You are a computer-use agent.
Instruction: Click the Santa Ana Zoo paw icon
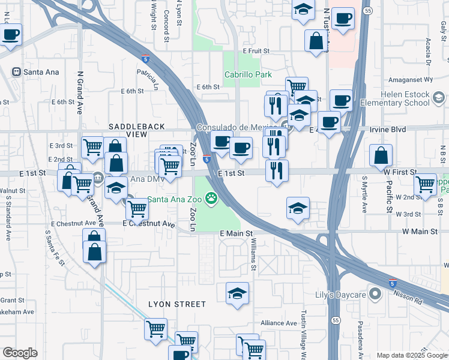[x=211, y=197]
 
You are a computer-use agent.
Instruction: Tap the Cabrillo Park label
[x=248, y=75]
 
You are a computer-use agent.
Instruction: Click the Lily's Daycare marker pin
[x=376, y=294]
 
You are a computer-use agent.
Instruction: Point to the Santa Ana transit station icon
[x=16, y=72]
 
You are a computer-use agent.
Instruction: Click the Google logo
[x=20, y=352]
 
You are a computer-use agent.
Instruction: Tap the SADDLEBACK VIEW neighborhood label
[x=127, y=131]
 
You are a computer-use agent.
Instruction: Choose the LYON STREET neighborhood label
[x=176, y=304]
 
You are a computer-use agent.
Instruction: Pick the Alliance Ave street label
[x=279, y=323]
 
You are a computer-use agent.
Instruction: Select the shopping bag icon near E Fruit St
[x=316, y=41]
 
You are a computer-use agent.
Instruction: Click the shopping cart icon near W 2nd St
[x=426, y=184]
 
